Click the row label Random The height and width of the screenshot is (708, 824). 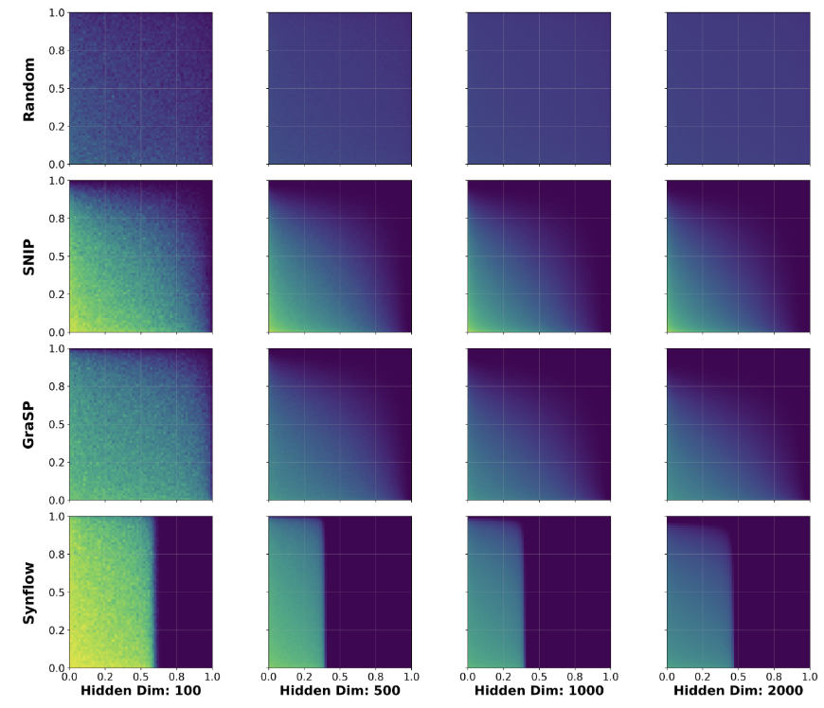pyautogui.click(x=29, y=89)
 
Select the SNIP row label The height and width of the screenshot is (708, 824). pyautogui.click(x=29, y=256)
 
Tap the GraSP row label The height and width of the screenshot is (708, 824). pyautogui.click(x=29, y=424)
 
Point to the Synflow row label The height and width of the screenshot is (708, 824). pyautogui.click(x=29, y=592)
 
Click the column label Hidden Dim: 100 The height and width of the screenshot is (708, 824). pyautogui.click(x=140, y=692)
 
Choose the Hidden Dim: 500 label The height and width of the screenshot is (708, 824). pyautogui.click(x=340, y=692)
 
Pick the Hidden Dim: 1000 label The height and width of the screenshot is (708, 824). pyautogui.click(x=539, y=692)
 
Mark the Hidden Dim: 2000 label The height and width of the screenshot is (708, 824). pyautogui.click(x=739, y=692)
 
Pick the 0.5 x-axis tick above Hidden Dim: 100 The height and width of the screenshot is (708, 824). pyautogui.click(x=140, y=678)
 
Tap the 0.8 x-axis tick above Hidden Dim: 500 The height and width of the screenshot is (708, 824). pyautogui.click(x=376, y=678)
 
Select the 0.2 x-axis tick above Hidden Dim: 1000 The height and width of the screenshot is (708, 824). pyautogui.click(x=504, y=678)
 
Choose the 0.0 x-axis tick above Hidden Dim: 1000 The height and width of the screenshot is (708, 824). pyautogui.click(x=468, y=678)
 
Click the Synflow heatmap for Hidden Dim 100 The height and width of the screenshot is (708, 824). pyautogui.click(x=140, y=592)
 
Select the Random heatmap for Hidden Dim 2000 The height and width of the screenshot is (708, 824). pyautogui.click(x=739, y=89)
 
